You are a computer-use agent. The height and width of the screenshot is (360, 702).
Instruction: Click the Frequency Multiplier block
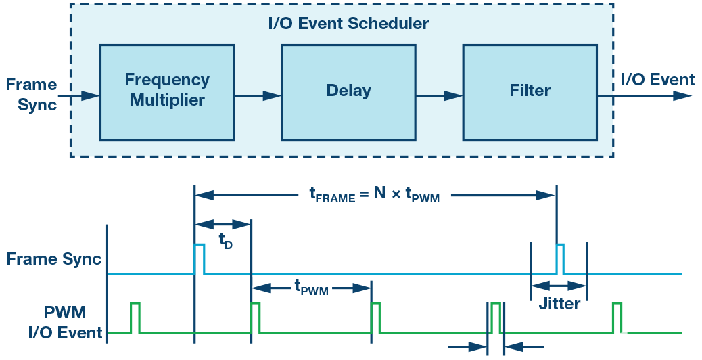[167, 90]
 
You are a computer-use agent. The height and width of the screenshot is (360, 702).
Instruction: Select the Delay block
[348, 90]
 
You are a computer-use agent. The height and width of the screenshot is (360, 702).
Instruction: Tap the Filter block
[530, 90]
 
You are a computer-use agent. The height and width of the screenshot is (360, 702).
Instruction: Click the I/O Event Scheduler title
[348, 24]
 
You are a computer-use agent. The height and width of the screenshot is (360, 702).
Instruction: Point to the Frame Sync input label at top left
[31, 95]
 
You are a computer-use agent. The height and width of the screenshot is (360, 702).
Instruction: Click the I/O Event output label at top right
[657, 80]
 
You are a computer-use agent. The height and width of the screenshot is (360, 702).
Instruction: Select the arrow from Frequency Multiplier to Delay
[258, 96]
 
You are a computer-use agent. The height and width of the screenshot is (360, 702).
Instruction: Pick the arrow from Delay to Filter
[439, 96]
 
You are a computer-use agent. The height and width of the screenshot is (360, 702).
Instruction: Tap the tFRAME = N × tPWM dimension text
[375, 196]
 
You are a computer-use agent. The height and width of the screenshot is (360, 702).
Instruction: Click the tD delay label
[225, 242]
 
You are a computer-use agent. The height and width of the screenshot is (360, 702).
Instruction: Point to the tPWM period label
[310, 288]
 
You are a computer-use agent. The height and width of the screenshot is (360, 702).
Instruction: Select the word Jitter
[559, 303]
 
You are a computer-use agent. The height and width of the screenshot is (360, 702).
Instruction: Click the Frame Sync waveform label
[53, 259]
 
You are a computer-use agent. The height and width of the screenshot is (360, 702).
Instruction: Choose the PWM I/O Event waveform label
[65, 323]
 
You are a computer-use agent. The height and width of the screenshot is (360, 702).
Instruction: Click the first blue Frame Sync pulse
[200, 258]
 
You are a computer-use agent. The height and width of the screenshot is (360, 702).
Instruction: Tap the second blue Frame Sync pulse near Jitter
[561, 258]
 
